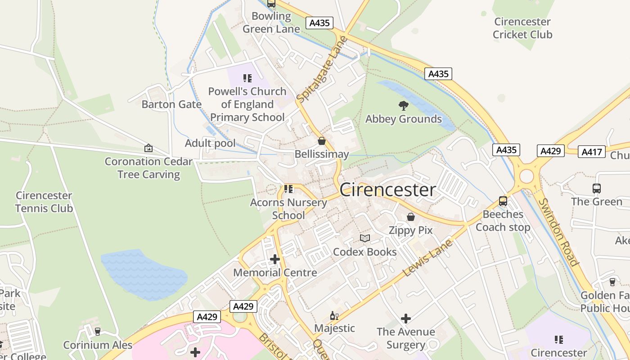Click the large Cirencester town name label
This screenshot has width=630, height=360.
(x=388, y=190)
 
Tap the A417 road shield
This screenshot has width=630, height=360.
(x=591, y=152)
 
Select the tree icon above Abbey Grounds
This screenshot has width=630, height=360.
(x=404, y=106)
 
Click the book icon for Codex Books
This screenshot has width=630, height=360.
(x=365, y=238)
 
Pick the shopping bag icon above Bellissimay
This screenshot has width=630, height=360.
(x=322, y=141)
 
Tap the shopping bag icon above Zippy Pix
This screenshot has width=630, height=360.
(x=411, y=217)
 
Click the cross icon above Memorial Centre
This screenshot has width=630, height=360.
(x=275, y=259)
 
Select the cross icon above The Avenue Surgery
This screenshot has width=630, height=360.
(x=406, y=319)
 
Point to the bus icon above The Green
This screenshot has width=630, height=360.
(x=597, y=189)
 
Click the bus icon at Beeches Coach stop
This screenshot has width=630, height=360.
(x=503, y=201)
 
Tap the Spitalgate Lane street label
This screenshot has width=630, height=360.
(x=323, y=69)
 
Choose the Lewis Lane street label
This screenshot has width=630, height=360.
(x=427, y=258)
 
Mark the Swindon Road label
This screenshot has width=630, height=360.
(x=558, y=232)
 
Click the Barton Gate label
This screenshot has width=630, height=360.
(x=171, y=104)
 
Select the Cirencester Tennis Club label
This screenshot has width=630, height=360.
(x=44, y=202)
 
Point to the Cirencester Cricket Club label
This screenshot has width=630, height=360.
(x=522, y=28)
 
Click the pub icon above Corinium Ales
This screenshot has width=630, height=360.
(x=98, y=332)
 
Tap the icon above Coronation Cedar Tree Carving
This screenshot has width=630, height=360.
(x=148, y=148)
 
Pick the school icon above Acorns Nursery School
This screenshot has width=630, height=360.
(x=288, y=189)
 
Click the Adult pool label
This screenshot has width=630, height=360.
(x=210, y=143)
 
